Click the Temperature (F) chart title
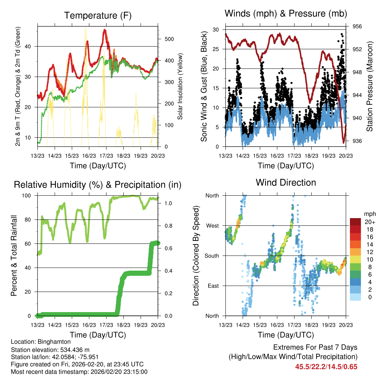point(98,16)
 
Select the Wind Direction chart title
point(286,182)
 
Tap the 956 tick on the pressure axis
point(358,26)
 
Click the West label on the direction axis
point(212,225)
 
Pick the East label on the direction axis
point(213,286)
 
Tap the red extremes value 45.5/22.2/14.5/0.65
point(326,366)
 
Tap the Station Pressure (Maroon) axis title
point(369,86)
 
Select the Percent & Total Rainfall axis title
point(14,256)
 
